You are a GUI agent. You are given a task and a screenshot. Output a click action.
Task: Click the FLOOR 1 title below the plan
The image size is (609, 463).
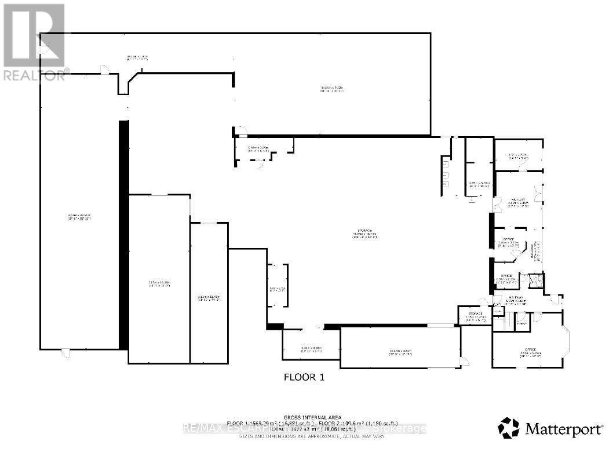click(303, 377)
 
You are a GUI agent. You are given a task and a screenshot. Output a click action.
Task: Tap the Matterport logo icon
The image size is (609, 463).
click(509, 428)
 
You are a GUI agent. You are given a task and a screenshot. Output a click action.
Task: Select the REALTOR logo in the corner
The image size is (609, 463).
click(33, 41)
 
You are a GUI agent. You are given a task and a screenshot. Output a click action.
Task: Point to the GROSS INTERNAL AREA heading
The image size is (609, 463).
click(312, 417)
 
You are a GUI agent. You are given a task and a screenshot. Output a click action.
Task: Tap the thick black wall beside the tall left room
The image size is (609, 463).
click(123, 234)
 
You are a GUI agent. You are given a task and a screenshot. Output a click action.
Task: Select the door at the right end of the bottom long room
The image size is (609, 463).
click(463, 362)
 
